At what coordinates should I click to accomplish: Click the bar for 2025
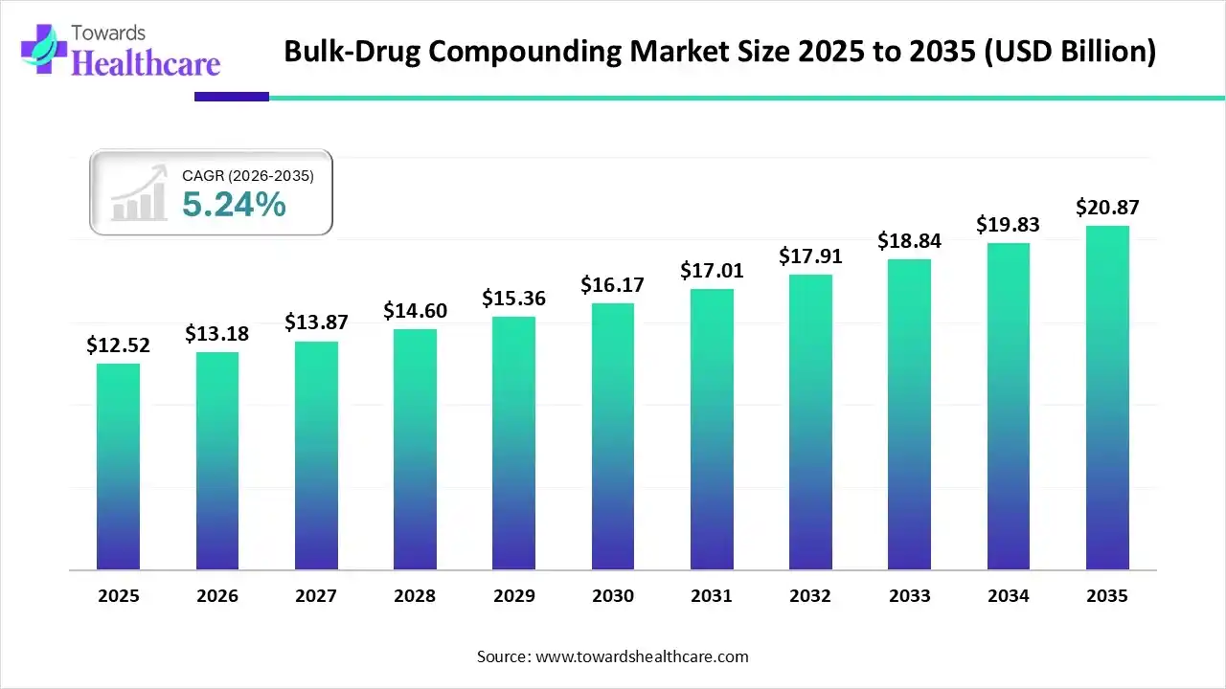tap(118, 467)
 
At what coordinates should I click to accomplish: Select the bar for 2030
tap(612, 436)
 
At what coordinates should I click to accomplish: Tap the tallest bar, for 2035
tap(1107, 398)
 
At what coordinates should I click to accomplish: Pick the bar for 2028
tap(415, 450)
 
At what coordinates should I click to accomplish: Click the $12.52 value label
tap(118, 345)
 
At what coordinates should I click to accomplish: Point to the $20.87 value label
tap(1107, 208)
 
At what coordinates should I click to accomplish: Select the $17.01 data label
tap(712, 271)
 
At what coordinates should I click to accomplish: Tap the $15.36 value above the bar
tap(513, 299)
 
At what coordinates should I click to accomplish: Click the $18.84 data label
tap(909, 241)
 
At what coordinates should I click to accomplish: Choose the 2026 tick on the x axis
tap(216, 596)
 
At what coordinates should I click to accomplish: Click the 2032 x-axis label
tap(810, 596)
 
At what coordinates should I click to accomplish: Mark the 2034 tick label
tap(1009, 596)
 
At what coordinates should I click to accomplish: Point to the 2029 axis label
tap(513, 596)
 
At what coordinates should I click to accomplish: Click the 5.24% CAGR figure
tap(234, 204)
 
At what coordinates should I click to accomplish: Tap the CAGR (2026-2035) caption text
tap(247, 175)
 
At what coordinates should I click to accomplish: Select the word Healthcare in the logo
tap(146, 63)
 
